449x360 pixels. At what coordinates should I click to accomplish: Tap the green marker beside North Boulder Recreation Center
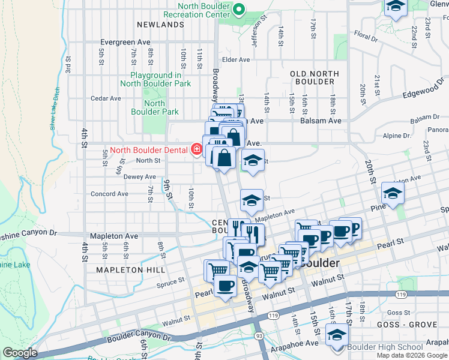[239, 8]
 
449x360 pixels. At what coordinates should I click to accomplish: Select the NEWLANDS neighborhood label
[160, 25]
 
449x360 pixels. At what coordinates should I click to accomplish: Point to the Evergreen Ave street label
[125, 43]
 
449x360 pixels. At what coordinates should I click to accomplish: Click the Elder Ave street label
[235, 60]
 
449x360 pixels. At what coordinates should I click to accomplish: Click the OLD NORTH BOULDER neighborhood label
[315, 77]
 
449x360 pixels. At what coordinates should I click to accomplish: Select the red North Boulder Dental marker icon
[196, 149]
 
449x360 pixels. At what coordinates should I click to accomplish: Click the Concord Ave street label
[109, 194]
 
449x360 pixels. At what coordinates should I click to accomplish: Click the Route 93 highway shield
[258, 337]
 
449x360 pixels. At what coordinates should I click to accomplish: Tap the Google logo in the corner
[20, 353]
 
